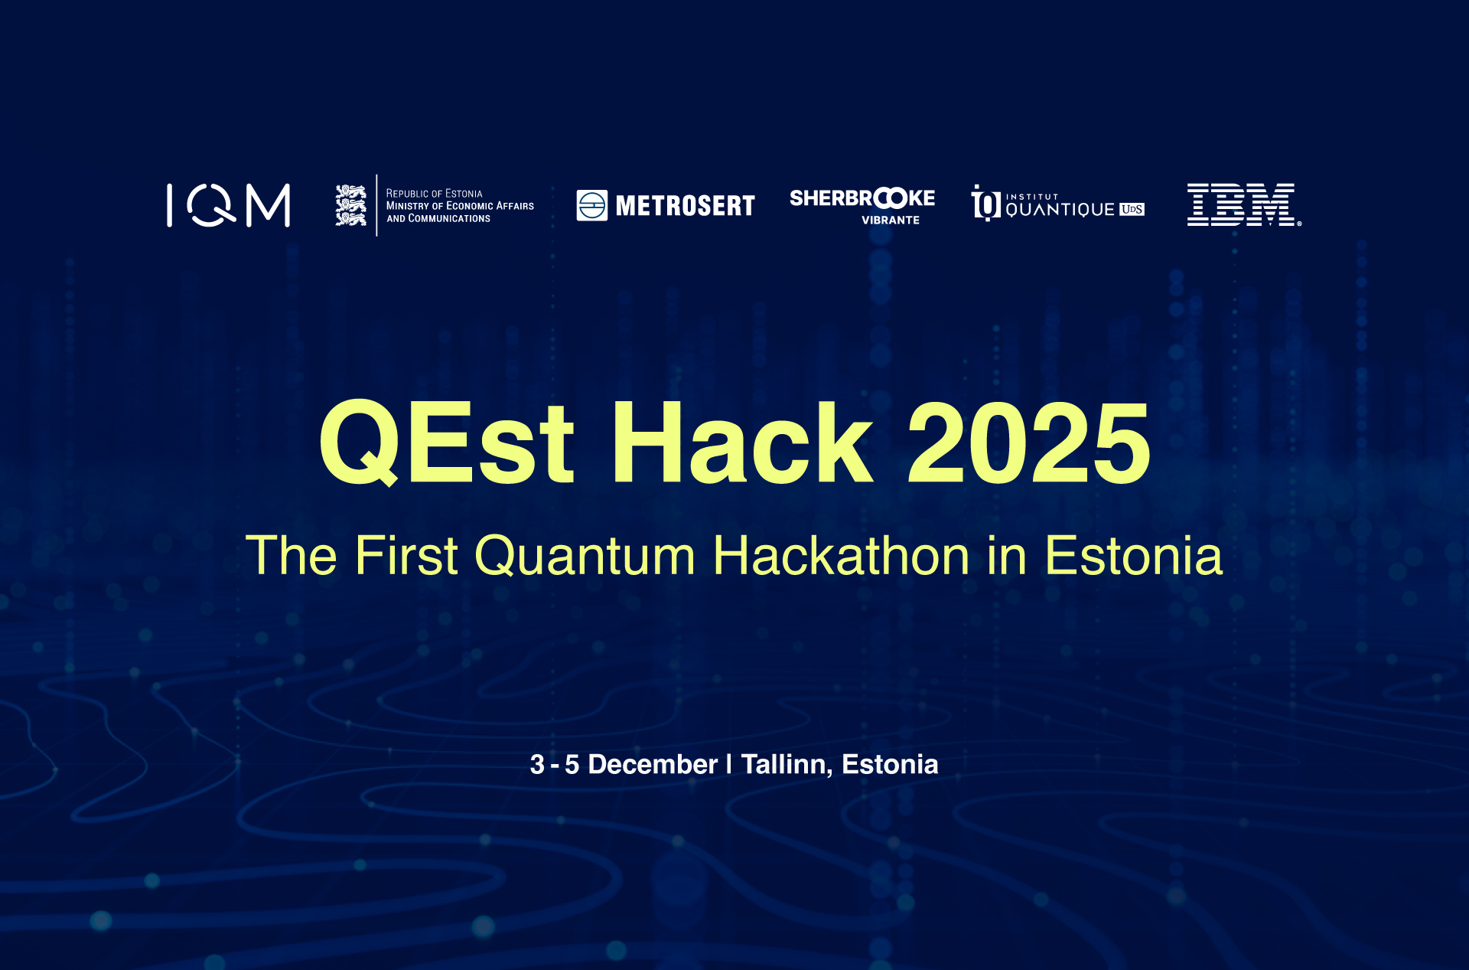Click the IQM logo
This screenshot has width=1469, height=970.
pyautogui.click(x=229, y=205)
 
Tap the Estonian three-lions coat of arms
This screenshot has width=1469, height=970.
pyautogui.click(x=351, y=205)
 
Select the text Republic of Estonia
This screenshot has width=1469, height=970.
pyautogui.click(x=434, y=194)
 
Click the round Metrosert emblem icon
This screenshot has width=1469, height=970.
pyautogui.click(x=592, y=205)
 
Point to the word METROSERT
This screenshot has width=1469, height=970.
pyautogui.click(x=686, y=206)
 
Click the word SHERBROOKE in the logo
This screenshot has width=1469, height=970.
pyautogui.click(x=862, y=198)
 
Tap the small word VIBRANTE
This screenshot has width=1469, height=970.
pyautogui.click(x=891, y=220)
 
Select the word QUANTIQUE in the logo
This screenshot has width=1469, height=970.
pyautogui.click(x=1060, y=210)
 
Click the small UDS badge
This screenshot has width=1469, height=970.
pyautogui.click(x=1132, y=209)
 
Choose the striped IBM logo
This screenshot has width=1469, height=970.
pyautogui.click(x=1243, y=204)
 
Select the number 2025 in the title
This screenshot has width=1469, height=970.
pyautogui.click(x=1029, y=443)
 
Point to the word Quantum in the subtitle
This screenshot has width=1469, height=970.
pyautogui.click(x=585, y=555)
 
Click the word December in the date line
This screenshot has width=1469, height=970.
pyautogui.click(x=653, y=764)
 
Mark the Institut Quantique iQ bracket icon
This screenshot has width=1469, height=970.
pyautogui.click(x=986, y=203)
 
